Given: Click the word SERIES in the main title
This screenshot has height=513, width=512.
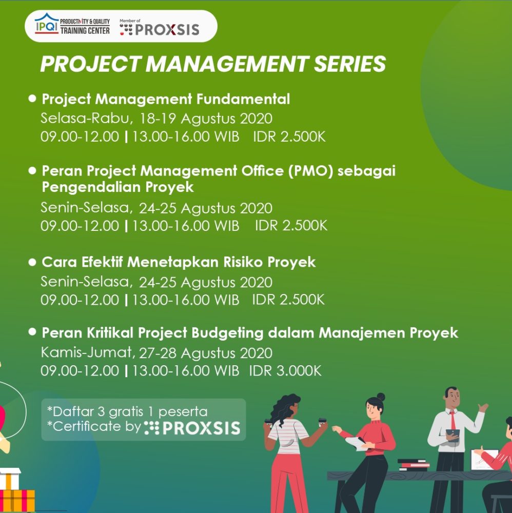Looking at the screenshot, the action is [350, 64].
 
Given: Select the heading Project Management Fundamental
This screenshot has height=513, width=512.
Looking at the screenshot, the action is [166, 99].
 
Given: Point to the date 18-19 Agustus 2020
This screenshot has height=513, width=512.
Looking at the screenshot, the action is [206, 119].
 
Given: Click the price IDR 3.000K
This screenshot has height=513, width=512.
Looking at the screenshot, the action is [285, 371].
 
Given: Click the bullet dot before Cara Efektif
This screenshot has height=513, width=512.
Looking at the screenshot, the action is [32, 262].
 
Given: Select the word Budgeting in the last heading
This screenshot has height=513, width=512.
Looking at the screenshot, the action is [227, 333].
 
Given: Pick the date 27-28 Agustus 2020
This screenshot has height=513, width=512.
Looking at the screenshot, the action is [206, 353].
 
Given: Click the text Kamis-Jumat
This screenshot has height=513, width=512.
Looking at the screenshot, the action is [86, 353].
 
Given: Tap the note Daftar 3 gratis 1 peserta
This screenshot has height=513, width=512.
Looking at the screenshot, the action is [127, 411].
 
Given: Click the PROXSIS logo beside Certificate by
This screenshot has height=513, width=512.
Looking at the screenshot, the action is [192, 428].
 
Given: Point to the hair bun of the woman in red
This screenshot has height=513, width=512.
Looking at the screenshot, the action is [381, 397].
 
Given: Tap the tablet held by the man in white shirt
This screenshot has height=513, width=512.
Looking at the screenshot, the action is [453, 435].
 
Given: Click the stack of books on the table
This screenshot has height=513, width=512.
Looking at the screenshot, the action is [413, 465].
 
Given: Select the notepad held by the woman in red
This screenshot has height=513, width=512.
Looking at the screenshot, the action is [357, 443].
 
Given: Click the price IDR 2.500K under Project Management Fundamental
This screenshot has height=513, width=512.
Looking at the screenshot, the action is [289, 137].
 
